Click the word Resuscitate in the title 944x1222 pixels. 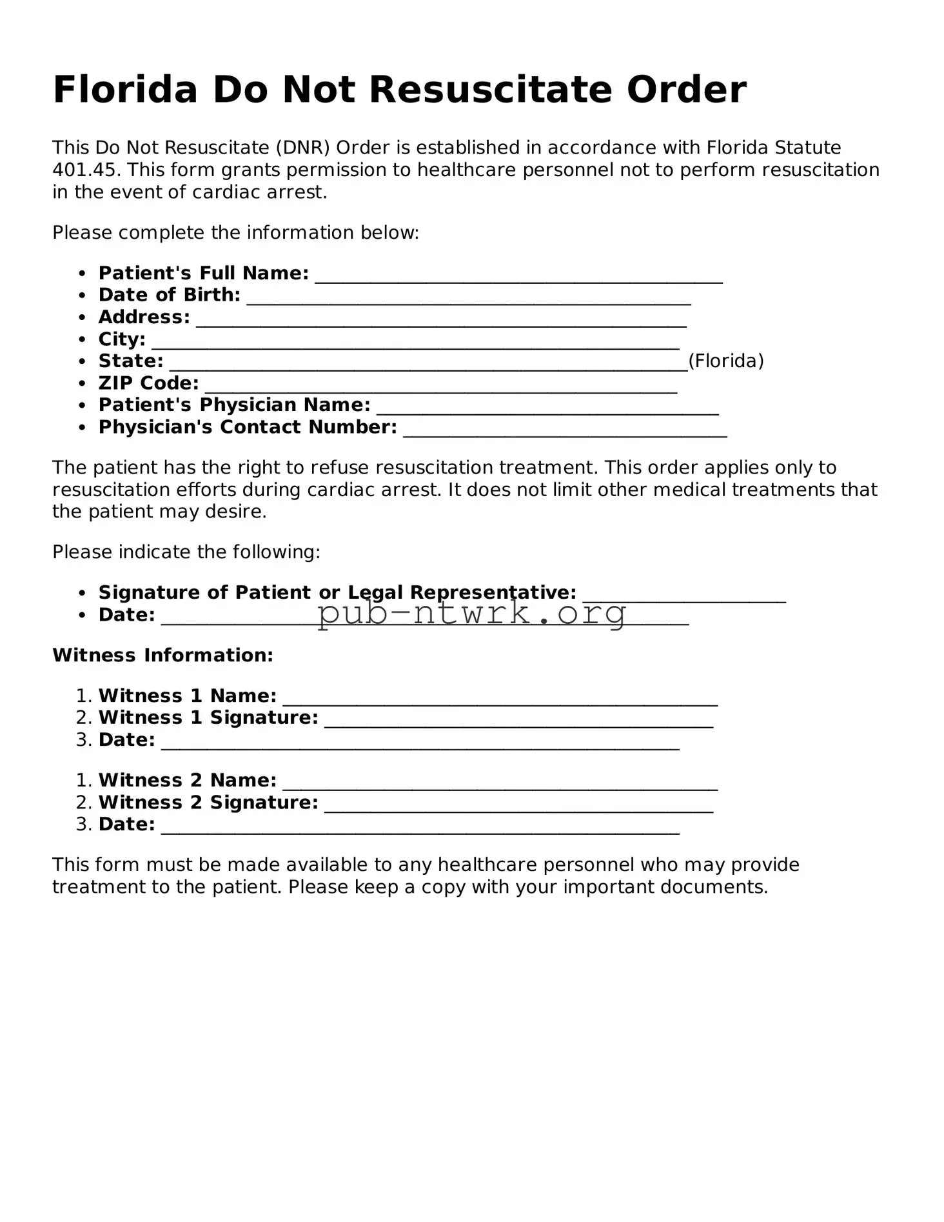pyautogui.click(x=489, y=90)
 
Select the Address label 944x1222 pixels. pyautogui.click(x=144, y=317)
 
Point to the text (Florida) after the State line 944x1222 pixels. pyautogui.click(x=726, y=361)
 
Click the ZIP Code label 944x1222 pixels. pyautogui.click(x=148, y=383)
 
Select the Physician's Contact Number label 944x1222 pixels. pyautogui.click(x=248, y=427)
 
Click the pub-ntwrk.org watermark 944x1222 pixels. pyautogui.click(x=472, y=613)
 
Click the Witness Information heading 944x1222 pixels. pyautogui.click(x=162, y=656)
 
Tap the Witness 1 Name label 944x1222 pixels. pyautogui.click(x=187, y=696)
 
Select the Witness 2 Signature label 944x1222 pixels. pyautogui.click(x=208, y=803)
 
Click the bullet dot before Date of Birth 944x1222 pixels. pyautogui.click(x=82, y=295)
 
